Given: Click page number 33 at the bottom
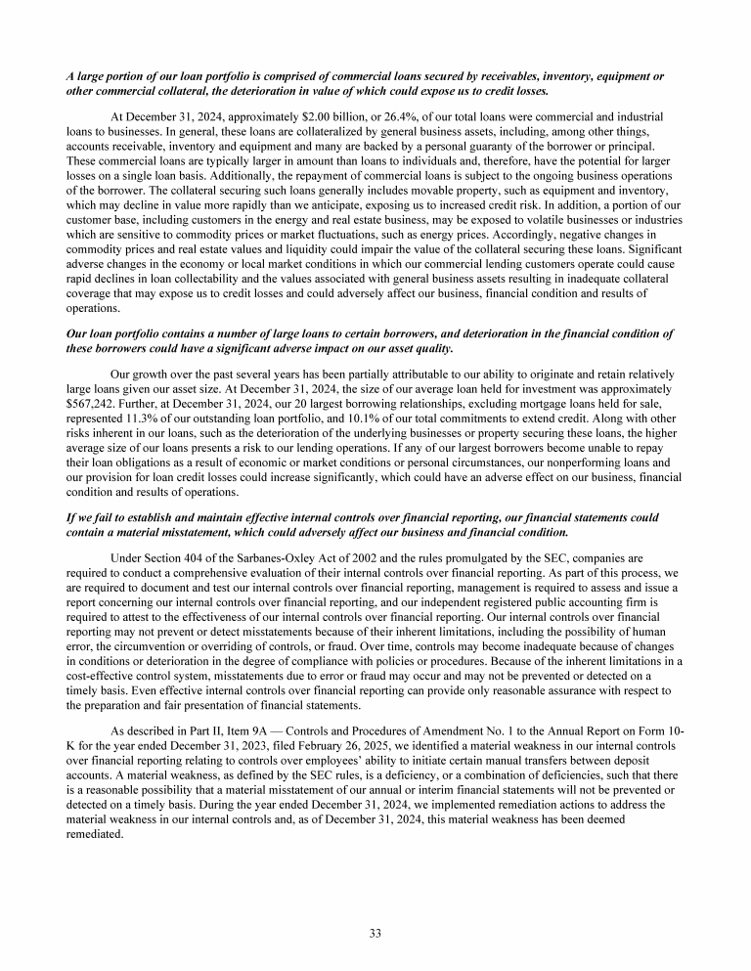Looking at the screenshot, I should pyautogui.click(x=375, y=932).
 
